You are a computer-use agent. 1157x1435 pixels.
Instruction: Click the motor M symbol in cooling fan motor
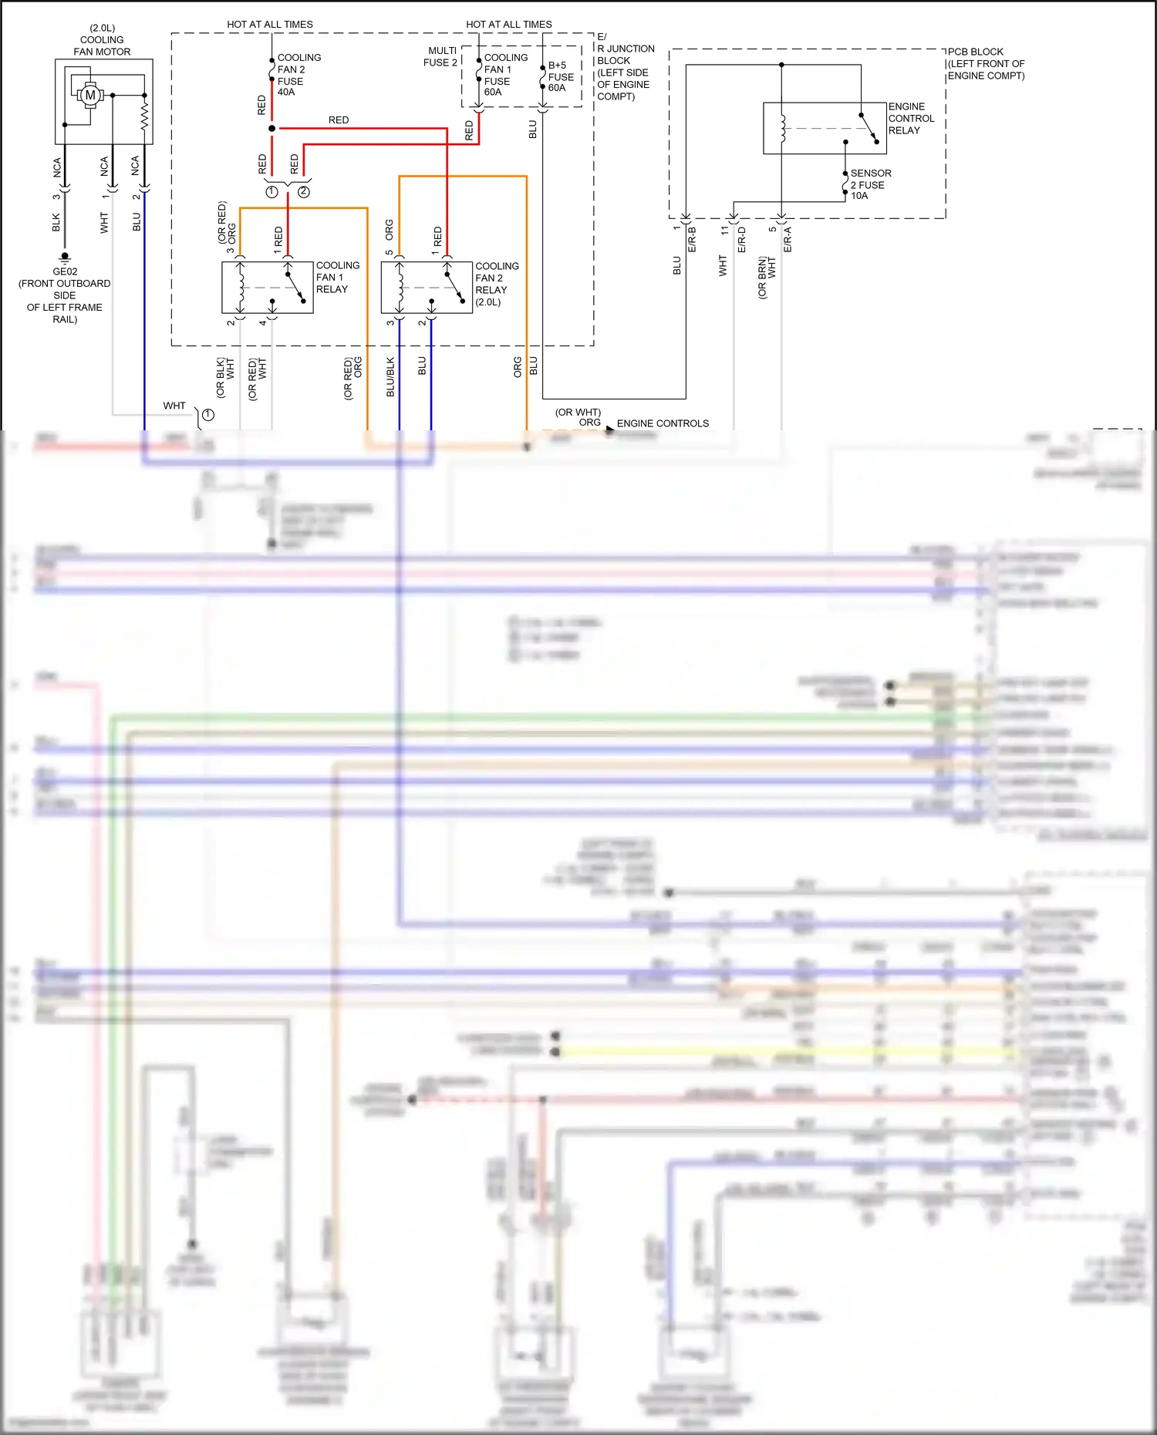(x=90, y=95)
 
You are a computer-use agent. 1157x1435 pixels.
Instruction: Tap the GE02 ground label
(x=65, y=271)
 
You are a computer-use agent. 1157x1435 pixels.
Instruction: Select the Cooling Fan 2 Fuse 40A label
(x=299, y=75)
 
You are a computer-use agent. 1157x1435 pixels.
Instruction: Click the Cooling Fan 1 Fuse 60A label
(x=505, y=75)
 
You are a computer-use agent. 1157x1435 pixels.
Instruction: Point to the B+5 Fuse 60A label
(x=561, y=76)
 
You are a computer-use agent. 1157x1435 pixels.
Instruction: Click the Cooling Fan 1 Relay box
(x=267, y=288)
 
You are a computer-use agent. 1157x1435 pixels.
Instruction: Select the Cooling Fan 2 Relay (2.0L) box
(x=427, y=288)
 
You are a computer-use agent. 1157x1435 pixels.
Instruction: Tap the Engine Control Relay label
(x=911, y=119)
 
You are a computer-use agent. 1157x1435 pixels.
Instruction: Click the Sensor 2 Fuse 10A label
(x=870, y=184)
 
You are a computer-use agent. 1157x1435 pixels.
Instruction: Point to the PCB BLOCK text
(x=976, y=52)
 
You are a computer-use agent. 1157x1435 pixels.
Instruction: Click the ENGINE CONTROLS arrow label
(x=662, y=423)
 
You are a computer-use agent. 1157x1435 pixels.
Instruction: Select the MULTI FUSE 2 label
(x=440, y=56)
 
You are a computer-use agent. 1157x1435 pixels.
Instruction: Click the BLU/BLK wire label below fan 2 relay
(x=390, y=376)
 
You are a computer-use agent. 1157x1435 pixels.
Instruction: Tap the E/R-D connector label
(x=741, y=239)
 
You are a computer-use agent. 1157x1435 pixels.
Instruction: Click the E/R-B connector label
(x=692, y=239)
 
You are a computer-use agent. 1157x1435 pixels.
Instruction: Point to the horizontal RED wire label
(x=339, y=120)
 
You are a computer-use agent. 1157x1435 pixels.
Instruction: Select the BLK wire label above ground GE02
(x=56, y=223)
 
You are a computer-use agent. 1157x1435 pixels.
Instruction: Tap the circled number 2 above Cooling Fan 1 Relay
(x=304, y=192)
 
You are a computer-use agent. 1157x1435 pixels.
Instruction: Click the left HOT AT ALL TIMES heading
(x=270, y=25)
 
